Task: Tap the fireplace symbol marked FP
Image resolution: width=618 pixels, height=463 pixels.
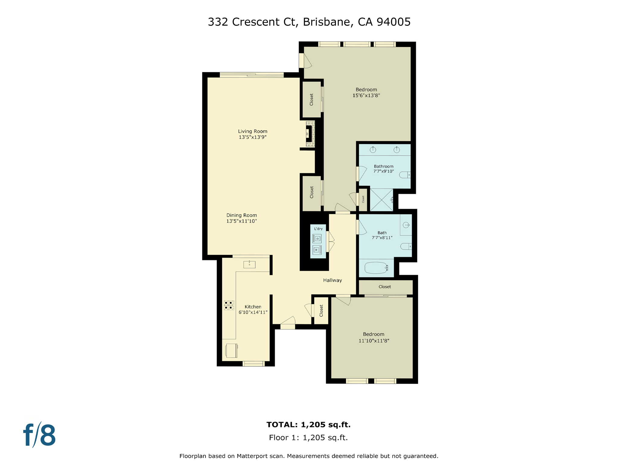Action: point(309,134)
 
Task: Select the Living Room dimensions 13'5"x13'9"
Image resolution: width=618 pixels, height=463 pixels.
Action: point(253,137)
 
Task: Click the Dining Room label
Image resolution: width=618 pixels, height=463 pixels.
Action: point(241,215)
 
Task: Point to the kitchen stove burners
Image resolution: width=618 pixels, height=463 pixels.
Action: point(229,305)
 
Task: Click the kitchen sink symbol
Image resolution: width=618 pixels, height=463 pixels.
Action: point(249,264)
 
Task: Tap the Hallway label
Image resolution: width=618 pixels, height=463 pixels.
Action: point(332,280)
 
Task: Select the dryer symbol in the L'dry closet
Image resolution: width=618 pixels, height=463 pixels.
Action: point(317,239)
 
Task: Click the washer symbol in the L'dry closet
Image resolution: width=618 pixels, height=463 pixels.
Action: point(317,250)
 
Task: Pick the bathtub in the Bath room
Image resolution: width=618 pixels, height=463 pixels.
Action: point(376,268)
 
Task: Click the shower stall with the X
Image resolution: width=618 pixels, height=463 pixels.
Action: point(381,200)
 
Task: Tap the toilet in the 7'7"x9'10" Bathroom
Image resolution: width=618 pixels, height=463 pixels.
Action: point(405,175)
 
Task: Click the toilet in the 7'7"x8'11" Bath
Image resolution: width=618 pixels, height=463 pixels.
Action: point(406,247)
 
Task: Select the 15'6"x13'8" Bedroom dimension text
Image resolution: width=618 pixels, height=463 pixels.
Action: point(366,96)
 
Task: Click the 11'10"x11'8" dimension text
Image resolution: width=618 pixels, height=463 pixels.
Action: point(374,341)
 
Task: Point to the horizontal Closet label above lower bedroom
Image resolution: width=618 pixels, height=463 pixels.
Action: point(384,287)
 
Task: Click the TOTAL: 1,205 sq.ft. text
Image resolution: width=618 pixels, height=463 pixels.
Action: point(308,425)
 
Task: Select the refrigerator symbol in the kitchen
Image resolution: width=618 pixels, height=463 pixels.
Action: point(231,351)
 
